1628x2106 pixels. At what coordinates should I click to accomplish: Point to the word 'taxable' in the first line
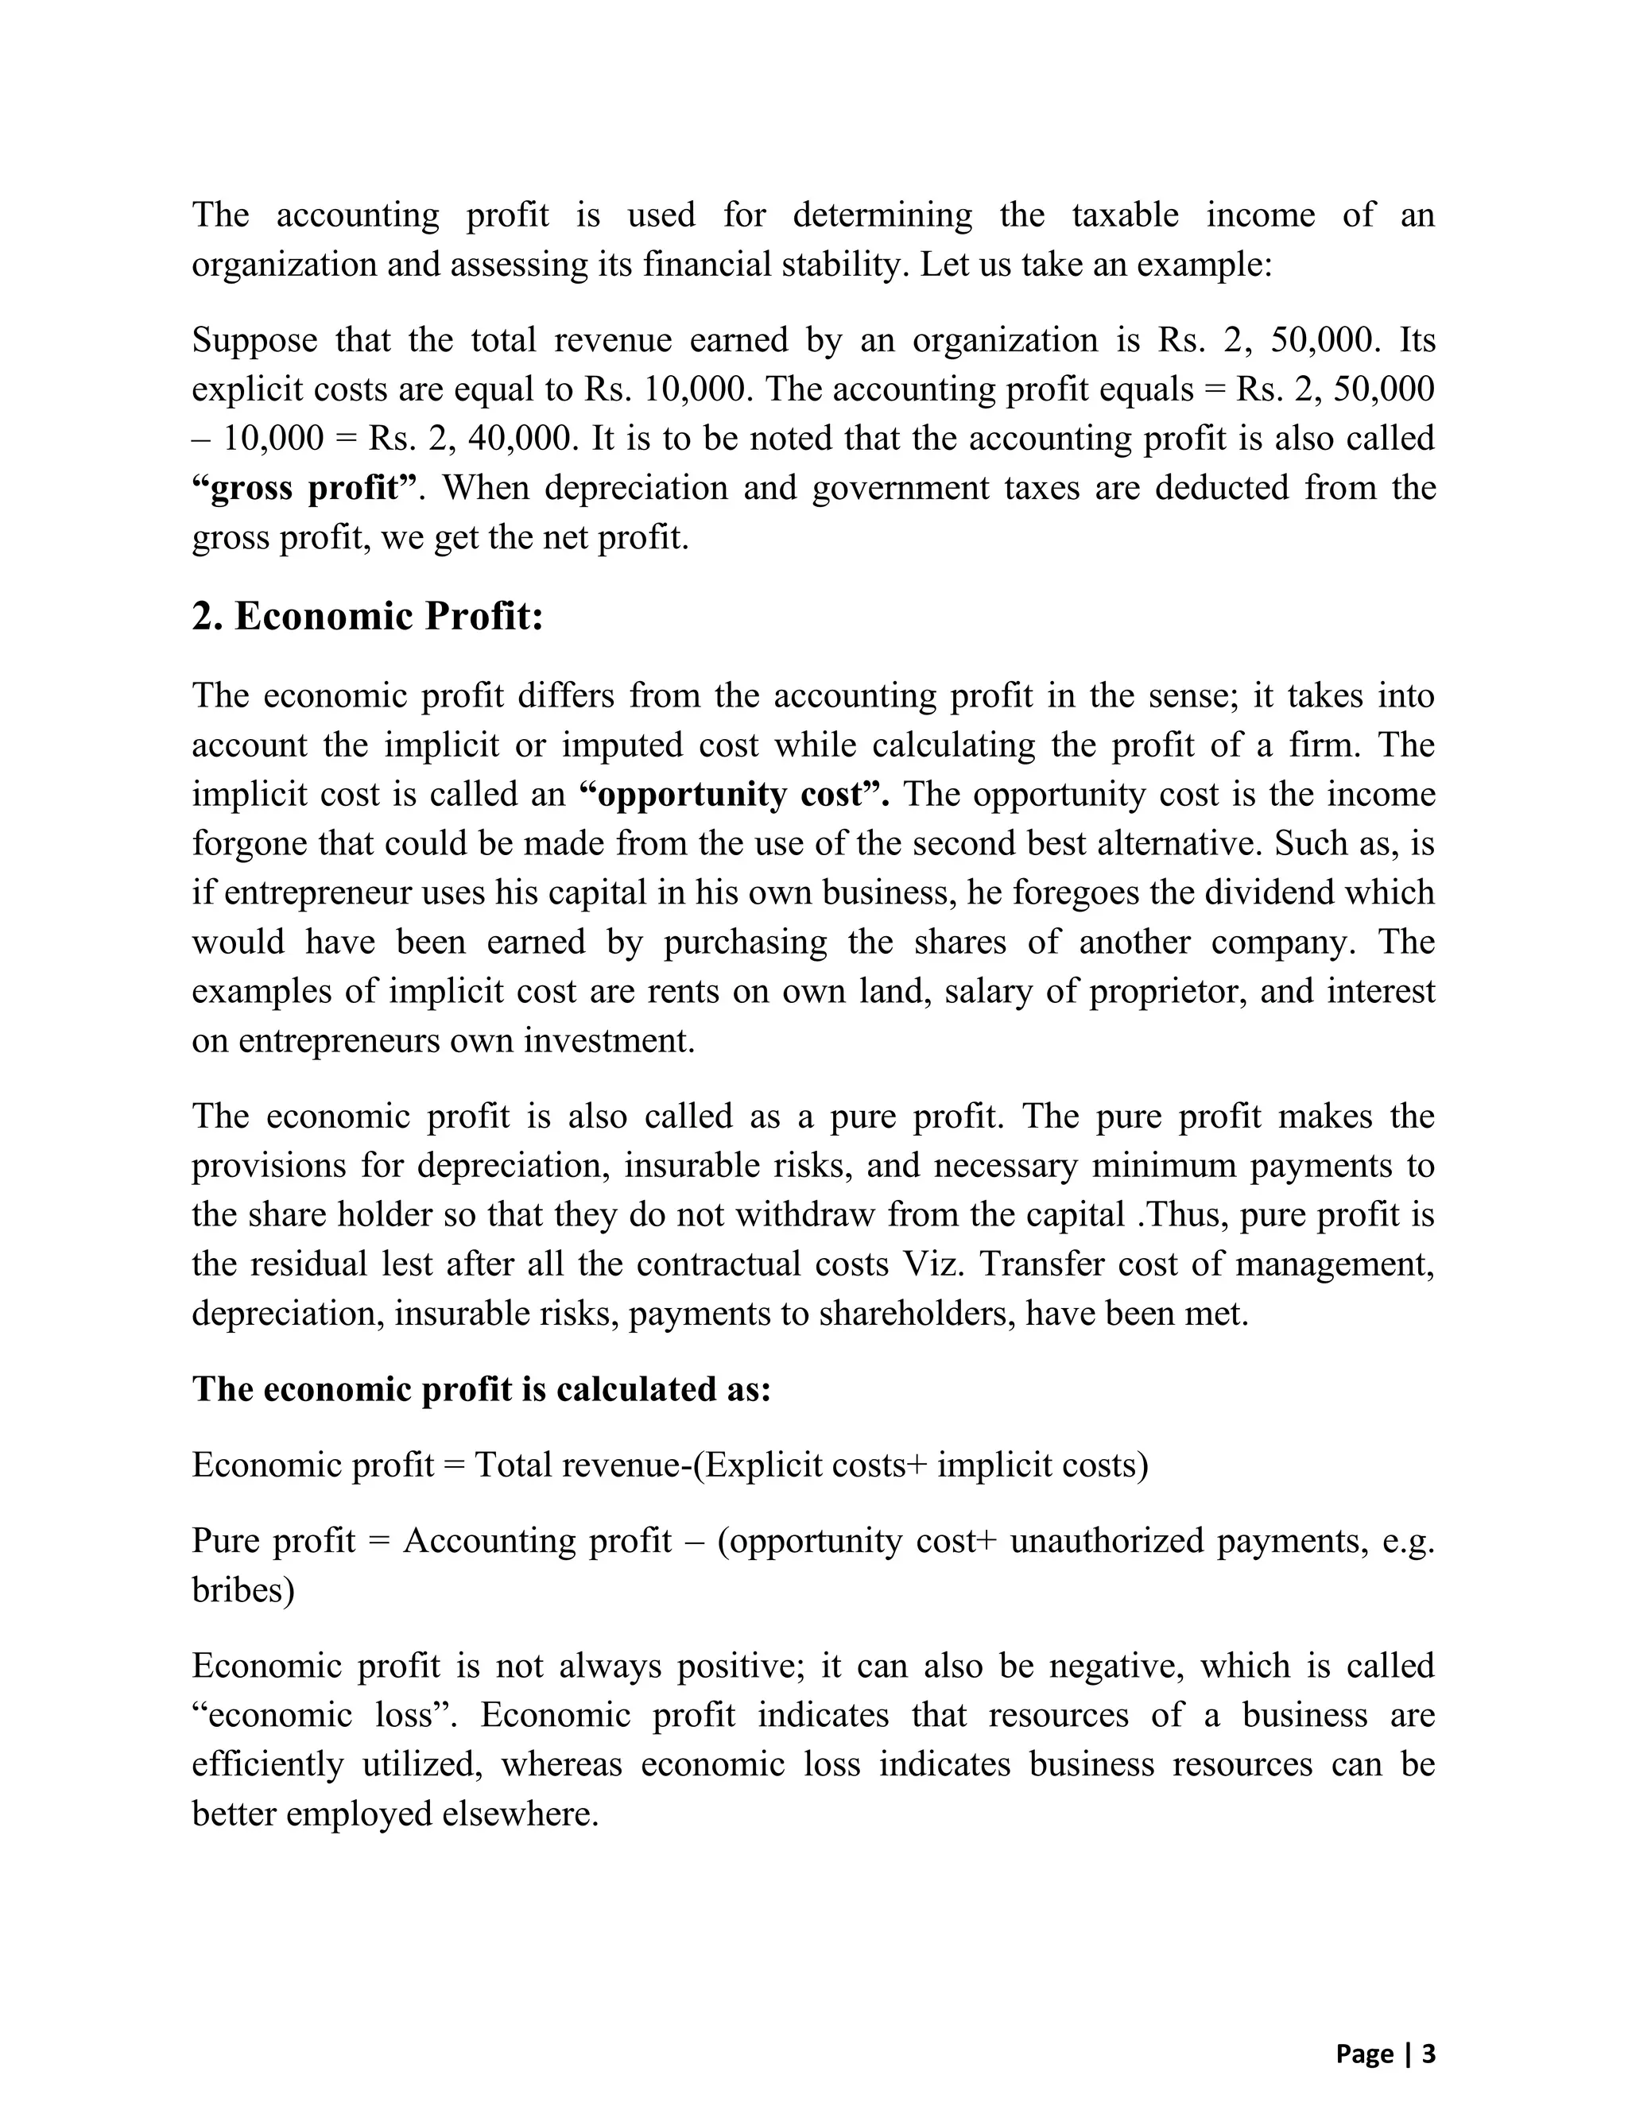(x=1125, y=214)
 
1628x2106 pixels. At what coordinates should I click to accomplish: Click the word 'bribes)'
(x=243, y=1590)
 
